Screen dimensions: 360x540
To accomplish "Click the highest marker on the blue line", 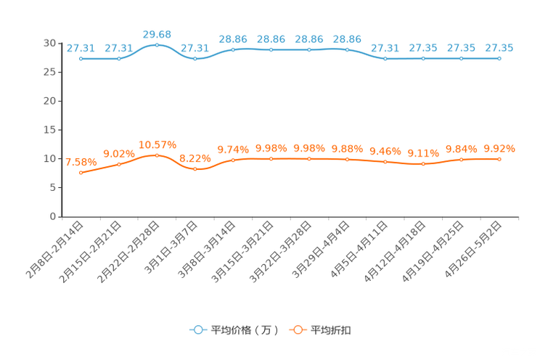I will click(x=157, y=44).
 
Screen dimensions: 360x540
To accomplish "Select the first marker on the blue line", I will click(x=81, y=58).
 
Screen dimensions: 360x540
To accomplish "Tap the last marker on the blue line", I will click(x=499, y=58).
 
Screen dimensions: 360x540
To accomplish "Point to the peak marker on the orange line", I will click(x=157, y=155).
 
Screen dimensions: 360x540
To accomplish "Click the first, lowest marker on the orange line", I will click(x=81, y=172).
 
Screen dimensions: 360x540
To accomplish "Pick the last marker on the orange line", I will click(x=499, y=159).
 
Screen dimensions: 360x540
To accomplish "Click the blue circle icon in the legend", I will click(x=197, y=330).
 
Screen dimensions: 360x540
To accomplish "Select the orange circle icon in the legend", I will click(x=298, y=330).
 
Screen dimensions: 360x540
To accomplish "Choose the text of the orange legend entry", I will click(x=332, y=330).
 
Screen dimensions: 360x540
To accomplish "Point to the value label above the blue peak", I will click(x=157, y=33).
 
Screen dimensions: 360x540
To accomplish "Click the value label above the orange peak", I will click(x=157, y=144).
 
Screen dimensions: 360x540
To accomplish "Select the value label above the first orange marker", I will click(x=81, y=161).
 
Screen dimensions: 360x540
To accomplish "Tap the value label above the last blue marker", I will click(x=499, y=47).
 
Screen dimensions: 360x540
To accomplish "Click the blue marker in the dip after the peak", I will click(x=195, y=58).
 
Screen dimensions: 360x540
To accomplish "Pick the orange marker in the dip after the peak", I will click(x=195, y=168).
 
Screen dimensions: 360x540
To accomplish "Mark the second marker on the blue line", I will click(x=118, y=58).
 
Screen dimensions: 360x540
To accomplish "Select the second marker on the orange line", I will click(x=118, y=164).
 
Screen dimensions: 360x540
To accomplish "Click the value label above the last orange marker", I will click(x=499, y=148).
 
